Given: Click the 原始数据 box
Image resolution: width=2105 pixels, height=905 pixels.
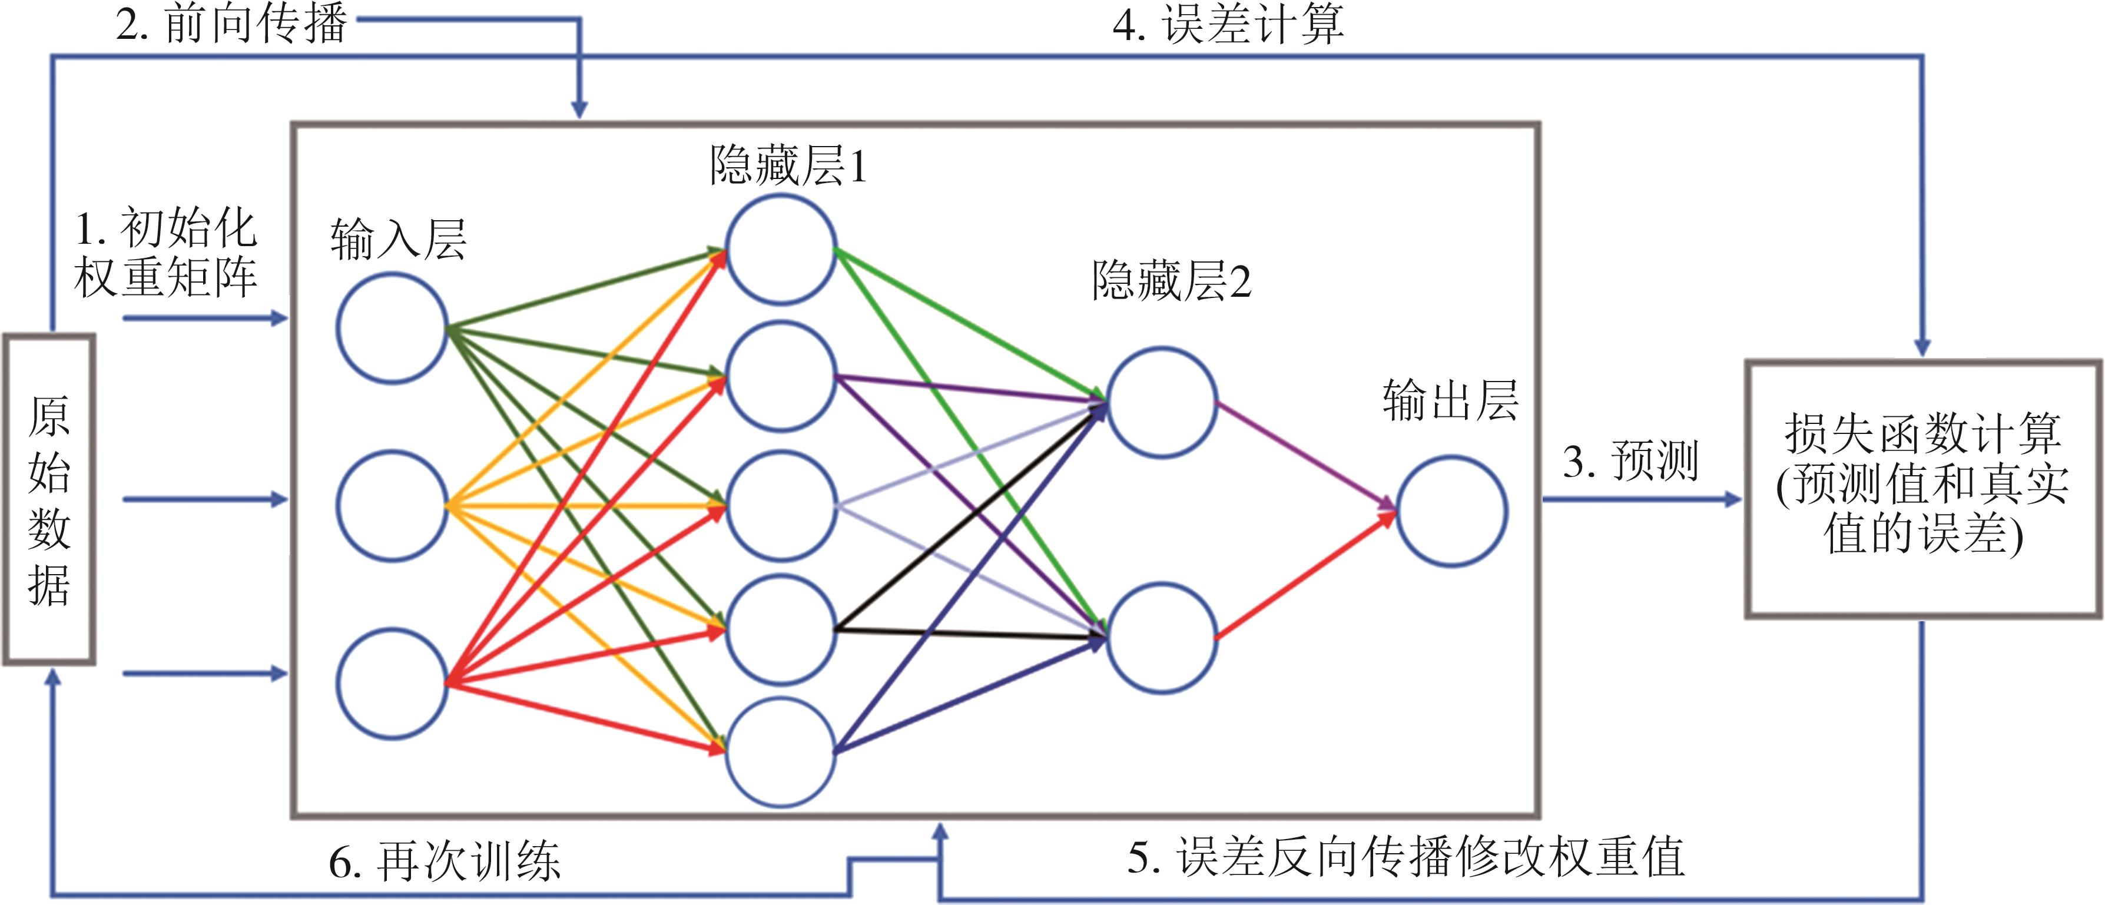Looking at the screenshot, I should pos(49,499).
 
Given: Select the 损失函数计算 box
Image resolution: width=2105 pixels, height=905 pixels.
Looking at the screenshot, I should pos(1923,488).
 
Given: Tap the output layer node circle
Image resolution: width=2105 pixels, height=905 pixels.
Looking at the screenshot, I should pos(1451,512).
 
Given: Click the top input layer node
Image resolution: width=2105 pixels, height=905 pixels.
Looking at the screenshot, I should pos(392,328).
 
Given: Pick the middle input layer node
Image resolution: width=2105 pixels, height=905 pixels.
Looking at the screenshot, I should pos(392,506).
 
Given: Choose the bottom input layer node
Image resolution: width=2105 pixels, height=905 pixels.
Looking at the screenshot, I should pos(392,684).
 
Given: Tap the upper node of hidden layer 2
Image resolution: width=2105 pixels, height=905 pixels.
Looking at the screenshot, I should pos(1161,402).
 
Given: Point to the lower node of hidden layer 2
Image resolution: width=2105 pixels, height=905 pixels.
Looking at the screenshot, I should pos(1161,638).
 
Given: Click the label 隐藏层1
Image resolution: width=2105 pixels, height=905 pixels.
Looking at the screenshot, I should pos(788,166).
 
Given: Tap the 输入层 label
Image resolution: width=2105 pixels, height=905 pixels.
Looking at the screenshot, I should pos(398,240).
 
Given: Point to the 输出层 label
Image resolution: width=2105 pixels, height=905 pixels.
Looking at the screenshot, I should pos(1450,402).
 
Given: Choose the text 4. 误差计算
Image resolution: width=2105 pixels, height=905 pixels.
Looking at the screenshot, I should pos(1227,25).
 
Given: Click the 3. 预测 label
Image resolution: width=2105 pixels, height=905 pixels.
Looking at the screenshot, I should pos(1630,460).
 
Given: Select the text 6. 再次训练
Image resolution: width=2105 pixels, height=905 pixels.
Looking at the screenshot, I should pos(445,861).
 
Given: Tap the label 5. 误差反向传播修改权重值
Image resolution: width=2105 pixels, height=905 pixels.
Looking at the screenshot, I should pos(1405,857).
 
